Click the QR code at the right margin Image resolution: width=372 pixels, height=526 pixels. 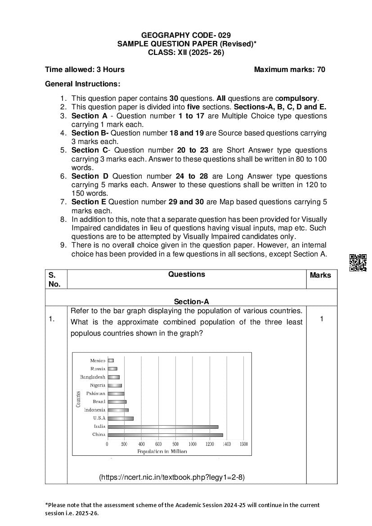tap(358, 263)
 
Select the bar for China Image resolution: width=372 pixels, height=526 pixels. tap(165, 435)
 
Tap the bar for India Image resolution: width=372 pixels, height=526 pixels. tap(163, 427)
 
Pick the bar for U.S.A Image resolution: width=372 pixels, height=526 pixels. tap(121, 418)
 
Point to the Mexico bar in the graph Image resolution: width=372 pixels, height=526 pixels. tap(111, 360)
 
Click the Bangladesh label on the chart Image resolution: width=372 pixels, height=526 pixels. tap(93, 377)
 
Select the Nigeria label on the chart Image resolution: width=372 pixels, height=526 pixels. tap(97, 385)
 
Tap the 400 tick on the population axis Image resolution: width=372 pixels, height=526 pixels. tap(141, 444)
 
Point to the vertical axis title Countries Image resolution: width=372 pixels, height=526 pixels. tap(78, 399)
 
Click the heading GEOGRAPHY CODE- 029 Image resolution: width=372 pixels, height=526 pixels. tap(186, 35)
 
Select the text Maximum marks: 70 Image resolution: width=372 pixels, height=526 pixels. tap(289, 69)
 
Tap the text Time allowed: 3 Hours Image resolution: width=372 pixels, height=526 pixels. tap(85, 69)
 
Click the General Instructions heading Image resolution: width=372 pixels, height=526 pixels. tap(83, 84)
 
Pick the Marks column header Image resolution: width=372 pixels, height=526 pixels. tap(320, 275)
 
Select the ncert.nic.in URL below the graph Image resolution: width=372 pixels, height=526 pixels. tap(172, 477)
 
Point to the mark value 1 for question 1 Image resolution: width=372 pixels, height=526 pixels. tap(322, 319)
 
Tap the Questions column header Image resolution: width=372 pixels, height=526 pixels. tap(187, 274)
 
